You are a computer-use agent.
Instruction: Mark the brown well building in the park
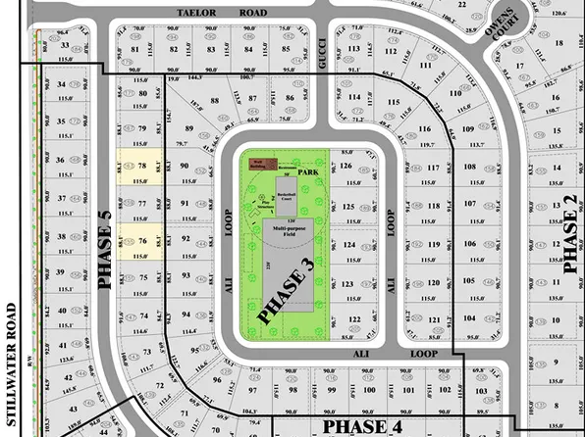click(257, 164)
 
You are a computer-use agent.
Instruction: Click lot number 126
click(346, 167)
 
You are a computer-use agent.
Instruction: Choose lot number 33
click(65, 46)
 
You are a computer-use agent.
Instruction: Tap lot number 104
click(470, 319)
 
